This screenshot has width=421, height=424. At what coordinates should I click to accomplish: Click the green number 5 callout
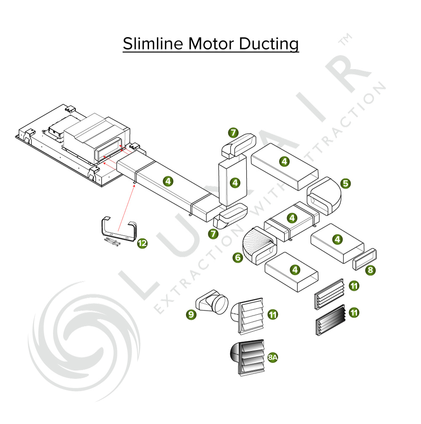coord(346,183)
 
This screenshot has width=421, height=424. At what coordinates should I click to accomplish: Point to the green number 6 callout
coord(238,258)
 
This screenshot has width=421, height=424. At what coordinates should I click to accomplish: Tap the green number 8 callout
coord(370,270)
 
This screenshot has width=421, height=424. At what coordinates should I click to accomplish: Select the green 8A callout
coord(273,358)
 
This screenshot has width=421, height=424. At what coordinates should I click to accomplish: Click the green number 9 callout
coord(192,314)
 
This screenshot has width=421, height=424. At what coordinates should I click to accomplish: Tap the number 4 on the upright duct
coord(235,182)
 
